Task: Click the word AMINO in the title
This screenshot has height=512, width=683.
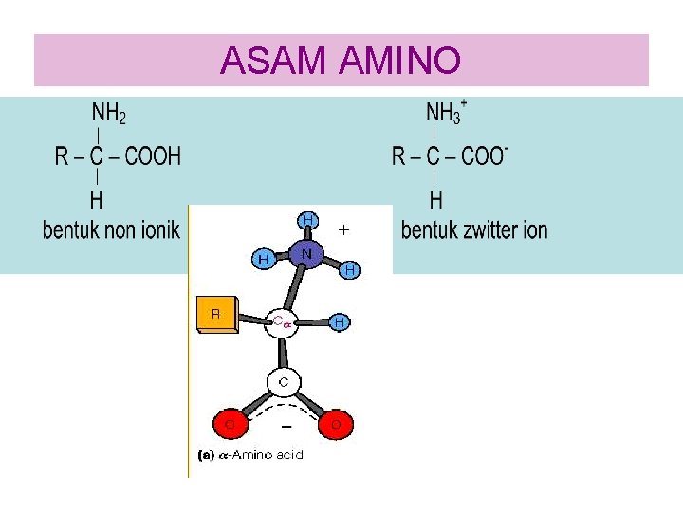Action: (x=398, y=61)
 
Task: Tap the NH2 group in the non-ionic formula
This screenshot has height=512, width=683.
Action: (x=109, y=114)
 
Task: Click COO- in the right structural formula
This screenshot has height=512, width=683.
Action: (x=485, y=155)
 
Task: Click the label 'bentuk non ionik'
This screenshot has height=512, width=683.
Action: (x=111, y=229)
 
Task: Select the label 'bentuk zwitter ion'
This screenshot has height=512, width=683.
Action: (x=474, y=229)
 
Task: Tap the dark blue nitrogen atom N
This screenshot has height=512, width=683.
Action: (x=306, y=254)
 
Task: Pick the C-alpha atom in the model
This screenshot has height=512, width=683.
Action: (x=283, y=322)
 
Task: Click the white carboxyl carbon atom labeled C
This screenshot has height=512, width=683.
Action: (x=283, y=382)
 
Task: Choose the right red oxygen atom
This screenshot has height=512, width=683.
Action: (x=335, y=424)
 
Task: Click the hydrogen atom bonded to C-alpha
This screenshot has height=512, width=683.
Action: (x=339, y=322)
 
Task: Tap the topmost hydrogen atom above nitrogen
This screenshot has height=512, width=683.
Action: (x=307, y=220)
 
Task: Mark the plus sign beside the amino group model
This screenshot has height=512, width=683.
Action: (x=343, y=229)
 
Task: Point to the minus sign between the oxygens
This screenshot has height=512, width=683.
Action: (x=286, y=426)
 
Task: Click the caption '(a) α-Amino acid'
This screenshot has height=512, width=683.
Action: (x=249, y=455)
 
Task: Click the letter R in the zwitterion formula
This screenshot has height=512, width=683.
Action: (x=399, y=155)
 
